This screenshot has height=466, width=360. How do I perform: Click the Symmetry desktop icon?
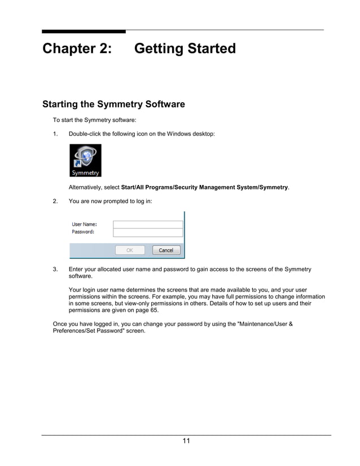click(x=85, y=160)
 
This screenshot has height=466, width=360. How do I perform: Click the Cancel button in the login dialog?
click(x=165, y=250)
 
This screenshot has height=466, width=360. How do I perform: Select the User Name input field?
click(x=148, y=224)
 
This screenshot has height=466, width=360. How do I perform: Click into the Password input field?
click(x=148, y=232)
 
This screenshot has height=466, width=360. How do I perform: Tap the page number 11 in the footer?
click(x=186, y=441)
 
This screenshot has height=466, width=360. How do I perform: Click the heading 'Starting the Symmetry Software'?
click(x=113, y=104)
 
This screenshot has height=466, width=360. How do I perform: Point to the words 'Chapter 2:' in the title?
click(x=77, y=49)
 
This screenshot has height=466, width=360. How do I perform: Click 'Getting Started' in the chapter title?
click(x=185, y=49)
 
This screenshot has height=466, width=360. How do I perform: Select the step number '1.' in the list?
click(x=55, y=134)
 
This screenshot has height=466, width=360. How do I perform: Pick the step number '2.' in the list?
click(x=55, y=201)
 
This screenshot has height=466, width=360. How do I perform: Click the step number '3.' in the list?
click(x=55, y=270)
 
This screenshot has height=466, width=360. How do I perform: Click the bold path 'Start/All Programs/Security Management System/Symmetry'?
click(x=204, y=187)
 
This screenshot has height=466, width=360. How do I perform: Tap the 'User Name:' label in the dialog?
click(x=84, y=224)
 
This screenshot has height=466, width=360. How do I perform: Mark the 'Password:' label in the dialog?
click(x=83, y=232)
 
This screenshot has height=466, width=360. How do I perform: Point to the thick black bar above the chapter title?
click(x=84, y=31)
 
